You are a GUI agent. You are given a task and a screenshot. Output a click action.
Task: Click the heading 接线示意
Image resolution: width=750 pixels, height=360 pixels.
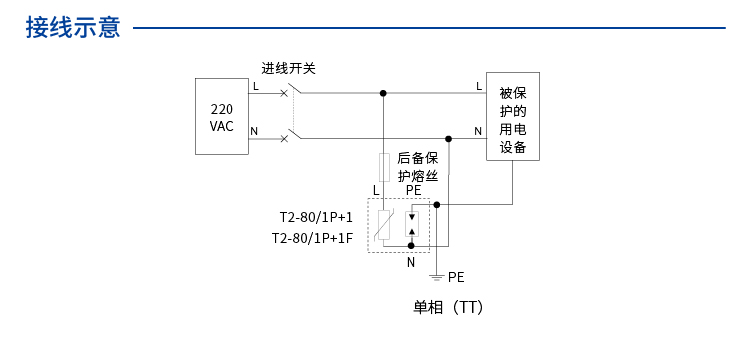(73, 27)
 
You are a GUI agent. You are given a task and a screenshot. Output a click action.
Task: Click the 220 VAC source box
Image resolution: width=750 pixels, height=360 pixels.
(222, 117)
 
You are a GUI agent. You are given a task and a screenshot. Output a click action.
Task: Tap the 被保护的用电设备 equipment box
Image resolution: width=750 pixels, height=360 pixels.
(512, 116)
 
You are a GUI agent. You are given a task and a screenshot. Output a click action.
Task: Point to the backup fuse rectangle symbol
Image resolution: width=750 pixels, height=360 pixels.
(383, 166)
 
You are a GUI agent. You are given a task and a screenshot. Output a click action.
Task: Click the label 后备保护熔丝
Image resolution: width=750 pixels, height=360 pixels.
(418, 166)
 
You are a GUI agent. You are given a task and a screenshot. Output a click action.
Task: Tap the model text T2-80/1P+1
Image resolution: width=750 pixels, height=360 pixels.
(316, 217)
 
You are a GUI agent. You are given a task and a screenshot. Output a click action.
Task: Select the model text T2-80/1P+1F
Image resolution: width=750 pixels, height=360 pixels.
(312, 239)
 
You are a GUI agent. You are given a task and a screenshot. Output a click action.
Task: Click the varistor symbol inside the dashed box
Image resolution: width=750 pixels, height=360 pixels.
(383, 225)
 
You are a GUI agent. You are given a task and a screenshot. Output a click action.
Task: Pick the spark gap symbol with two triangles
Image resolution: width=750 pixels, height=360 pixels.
(411, 224)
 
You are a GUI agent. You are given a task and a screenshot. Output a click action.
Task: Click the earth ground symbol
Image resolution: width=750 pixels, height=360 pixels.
(437, 276)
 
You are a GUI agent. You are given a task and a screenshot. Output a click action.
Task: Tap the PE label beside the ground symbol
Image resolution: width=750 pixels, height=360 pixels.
(456, 276)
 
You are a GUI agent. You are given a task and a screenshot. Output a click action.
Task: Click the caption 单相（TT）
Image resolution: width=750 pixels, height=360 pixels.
(448, 308)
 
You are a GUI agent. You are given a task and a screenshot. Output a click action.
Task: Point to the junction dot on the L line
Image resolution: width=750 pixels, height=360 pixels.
(383, 93)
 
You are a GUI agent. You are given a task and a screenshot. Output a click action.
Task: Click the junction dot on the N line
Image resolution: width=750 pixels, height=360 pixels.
(448, 139)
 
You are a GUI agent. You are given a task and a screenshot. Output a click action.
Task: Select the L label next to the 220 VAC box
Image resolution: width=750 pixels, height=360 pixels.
(255, 86)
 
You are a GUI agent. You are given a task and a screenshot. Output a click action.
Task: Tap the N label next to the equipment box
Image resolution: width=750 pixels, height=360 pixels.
(478, 131)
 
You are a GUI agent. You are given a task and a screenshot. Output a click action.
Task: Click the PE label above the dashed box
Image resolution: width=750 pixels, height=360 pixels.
(413, 190)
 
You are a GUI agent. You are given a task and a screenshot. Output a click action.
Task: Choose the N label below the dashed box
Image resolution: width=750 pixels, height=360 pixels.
(410, 262)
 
